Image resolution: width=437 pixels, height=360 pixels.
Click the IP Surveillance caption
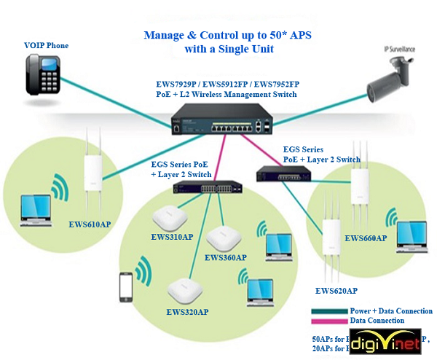(x=400, y=49)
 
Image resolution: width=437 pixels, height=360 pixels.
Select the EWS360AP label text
(x=225, y=257)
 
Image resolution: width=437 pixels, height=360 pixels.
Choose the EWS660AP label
(x=366, y=238)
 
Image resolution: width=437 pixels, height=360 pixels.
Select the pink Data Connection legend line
(x=329, y=321)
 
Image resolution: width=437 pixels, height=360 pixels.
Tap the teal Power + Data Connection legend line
(x=329, y=310)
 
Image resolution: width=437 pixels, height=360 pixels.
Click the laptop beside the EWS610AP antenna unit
(x=36, y=207)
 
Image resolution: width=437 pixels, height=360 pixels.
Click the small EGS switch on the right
(x=283, y=173)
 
